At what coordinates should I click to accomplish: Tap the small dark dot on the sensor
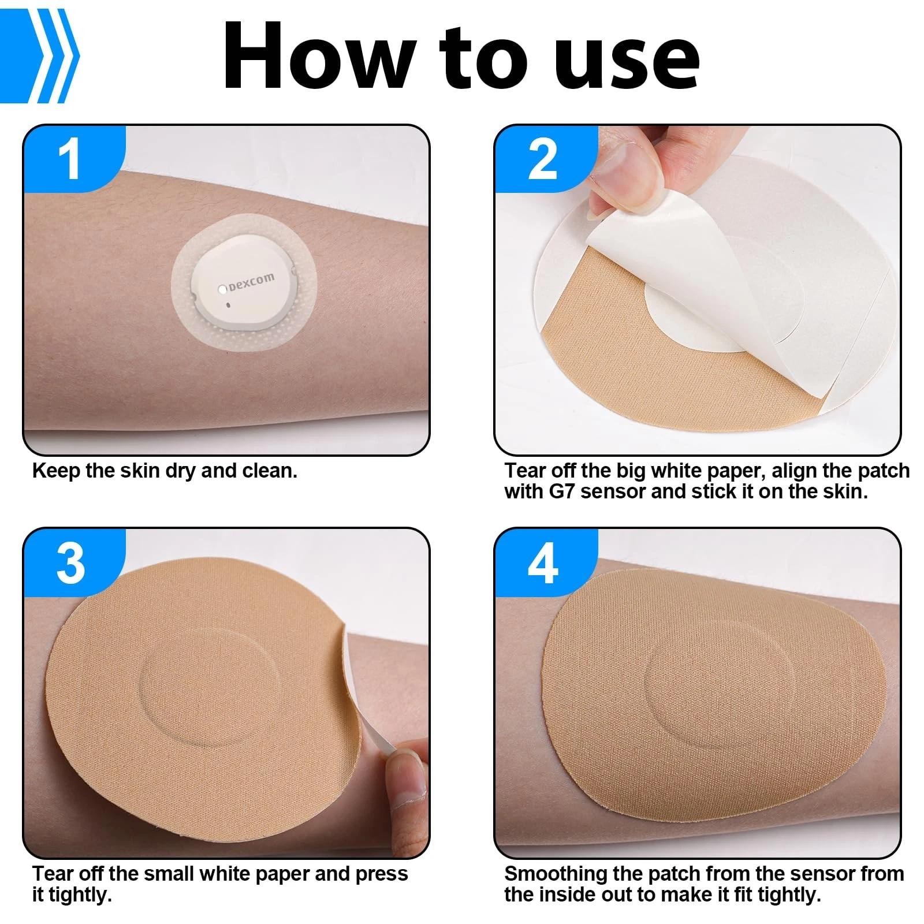tap(229, 304)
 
